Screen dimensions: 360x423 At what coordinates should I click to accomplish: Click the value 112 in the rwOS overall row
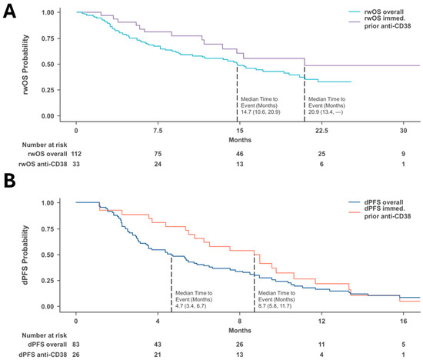76,152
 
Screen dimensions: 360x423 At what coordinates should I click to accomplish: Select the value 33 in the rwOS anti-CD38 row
76,164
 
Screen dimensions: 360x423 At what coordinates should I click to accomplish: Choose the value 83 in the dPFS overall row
76,343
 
